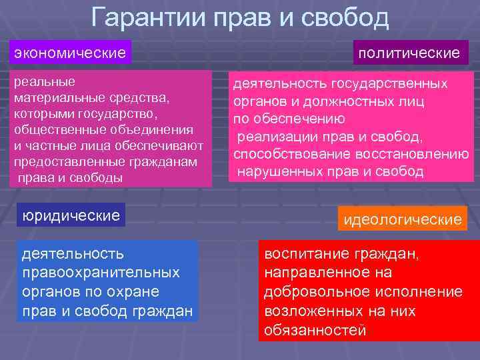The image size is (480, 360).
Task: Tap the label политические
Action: [x=409, y=52]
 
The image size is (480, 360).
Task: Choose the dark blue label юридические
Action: [x=71, y=215]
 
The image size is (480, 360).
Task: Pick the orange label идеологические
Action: [x=401, y=219]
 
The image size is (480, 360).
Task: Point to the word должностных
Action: [x=358, y=102]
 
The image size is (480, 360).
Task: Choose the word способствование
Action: [x=284, y=155]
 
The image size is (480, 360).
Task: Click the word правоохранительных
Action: [x=101, y=273]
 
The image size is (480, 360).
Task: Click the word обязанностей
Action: [x=315, y=329]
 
